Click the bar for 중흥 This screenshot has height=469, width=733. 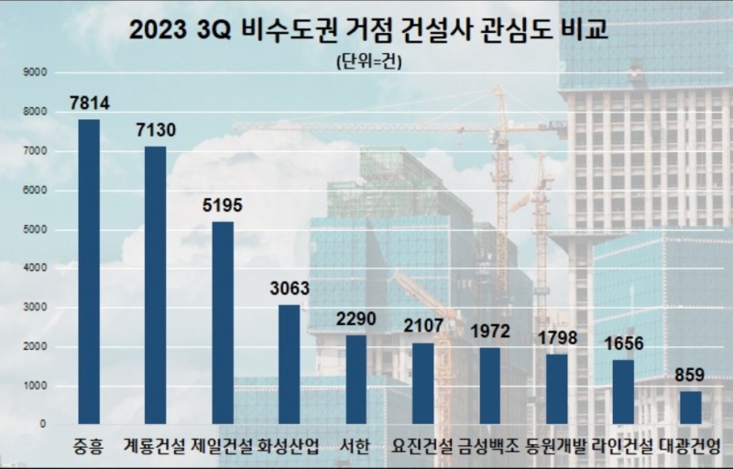89,271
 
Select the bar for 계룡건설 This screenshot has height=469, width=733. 156,285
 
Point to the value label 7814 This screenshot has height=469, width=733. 89,104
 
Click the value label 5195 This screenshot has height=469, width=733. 223,205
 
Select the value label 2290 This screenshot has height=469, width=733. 356,319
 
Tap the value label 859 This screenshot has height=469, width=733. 691,375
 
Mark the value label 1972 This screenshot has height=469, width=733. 490,331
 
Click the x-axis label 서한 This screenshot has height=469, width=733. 356,448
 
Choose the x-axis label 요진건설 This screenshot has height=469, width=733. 422,448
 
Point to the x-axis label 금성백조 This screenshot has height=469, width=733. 490,448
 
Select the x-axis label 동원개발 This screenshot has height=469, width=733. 557,448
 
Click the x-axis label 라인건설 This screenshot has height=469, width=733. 624,448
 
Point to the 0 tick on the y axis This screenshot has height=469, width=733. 43,425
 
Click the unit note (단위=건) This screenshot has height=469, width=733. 369,62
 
